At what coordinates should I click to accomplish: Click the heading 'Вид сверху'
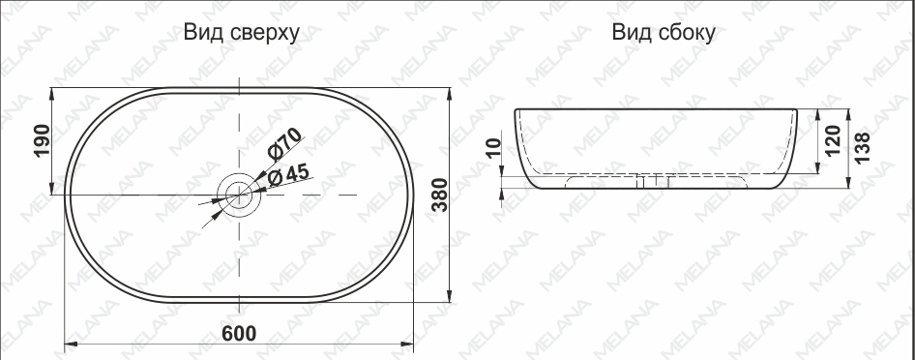[x=242, y=33]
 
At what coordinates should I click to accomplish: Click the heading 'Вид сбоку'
[x=664, y=32]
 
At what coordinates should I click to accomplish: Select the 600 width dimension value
[x=239, y=333]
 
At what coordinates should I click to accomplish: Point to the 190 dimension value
[x=43, y=140]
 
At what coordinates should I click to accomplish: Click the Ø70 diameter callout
[x=284, y=144]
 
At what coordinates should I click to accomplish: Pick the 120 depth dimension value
[x=833, y=140]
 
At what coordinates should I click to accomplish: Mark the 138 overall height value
[x=863, y=148]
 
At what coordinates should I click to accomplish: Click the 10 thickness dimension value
[x=493, y=148]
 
